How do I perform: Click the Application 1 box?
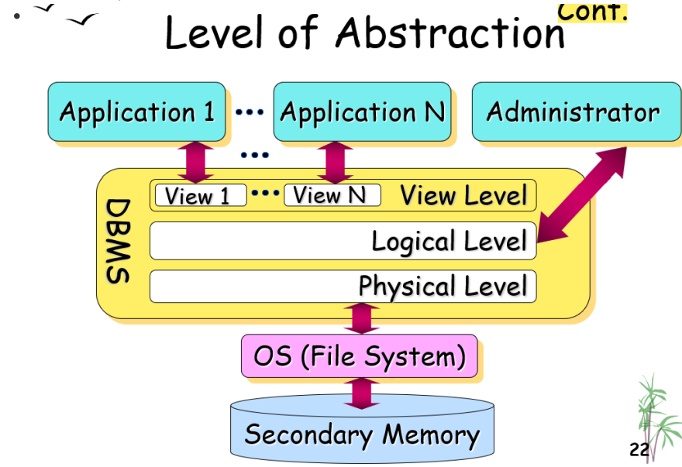pyautogui.click(x=136, y=112)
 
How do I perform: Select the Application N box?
pyautogui.click(x=362, y=112)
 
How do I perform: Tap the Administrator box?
pyautogui.click(x=577, y=112)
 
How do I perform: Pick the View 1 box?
pyautogui.click(x=201, y=195)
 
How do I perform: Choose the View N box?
pyautogui.click(x=332, y=195)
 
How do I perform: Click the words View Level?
pyautogui.click(x=463, y=195)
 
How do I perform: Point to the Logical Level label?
pyautogui.click(x=449, y=241)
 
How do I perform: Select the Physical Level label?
pyautogui.click(x=443, y=286)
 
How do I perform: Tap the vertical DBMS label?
pyautogui.click(x=118, y=242)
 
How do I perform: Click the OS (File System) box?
pyautogui.click(x=360, y=356)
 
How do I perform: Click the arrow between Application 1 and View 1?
pyautogui.click(x=196, y=162)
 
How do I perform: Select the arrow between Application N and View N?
pyautogui.click(x=335, y=162)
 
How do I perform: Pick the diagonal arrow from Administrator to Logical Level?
pyautogui.click(x=582, y=194)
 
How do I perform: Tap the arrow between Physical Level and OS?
pyautogui.click(x=361, y=319)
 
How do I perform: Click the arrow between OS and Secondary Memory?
pyautogui.click(x=361, y=393)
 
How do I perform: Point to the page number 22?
pyautogui.click(x=639, y=449)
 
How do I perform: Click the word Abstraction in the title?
pyautogui.click(x=450, y=33)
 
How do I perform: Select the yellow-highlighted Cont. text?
pyautogui.click(x=592, y=12)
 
